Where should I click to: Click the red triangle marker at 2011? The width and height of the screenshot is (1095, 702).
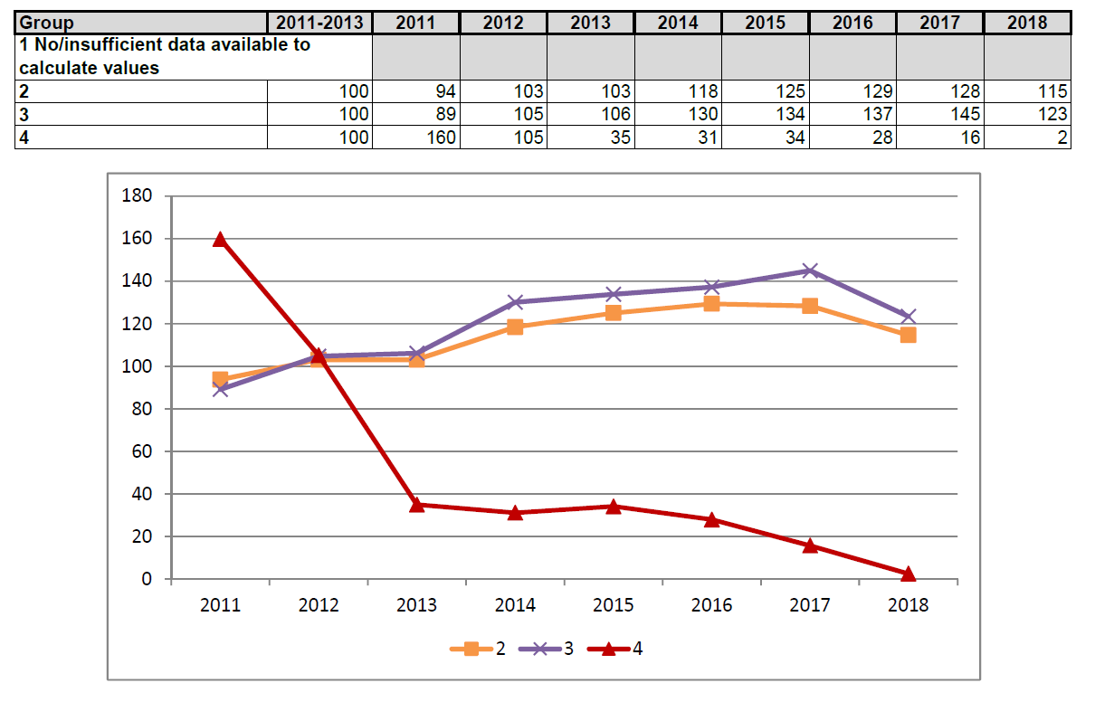(x=220, y=239)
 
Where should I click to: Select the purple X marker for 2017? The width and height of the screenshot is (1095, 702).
(x=810, y=270)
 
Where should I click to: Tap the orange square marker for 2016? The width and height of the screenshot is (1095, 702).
(x=711, y=304)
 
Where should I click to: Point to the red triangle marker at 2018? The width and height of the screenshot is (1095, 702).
(x=909, y=574)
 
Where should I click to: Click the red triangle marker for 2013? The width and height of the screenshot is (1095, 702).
(x=416, y=505)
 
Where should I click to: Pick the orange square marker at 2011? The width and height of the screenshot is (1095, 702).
(x=220, y=379)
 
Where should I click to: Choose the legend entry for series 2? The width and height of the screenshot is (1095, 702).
(x=479, y=648)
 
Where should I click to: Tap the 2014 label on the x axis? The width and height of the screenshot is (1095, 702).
(x=515, y=605)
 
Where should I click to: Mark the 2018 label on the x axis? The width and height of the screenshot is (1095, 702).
(x=909, y=605)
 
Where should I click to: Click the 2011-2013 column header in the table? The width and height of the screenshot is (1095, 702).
(x=319, y=23)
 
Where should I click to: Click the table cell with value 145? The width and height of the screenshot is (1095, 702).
(x=941, y=115)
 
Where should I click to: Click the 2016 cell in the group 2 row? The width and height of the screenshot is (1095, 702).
(x=853, y=91)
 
